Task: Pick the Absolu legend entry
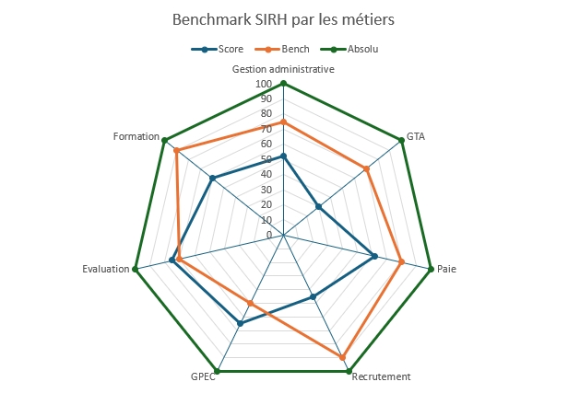pyautogui.click(x=359, y=49)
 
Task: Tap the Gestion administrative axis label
pyautogui.click(x=283, y=69)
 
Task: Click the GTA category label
pyautogui.click(x=416, y=136)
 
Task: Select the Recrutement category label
pyautogui.click(x=382, y=376)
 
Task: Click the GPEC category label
pyautogui.click(x=203, y=376)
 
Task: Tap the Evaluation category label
pyautogui.click(x=106, y=269)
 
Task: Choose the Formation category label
pyautogui.click(x=136, y=136)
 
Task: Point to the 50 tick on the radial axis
pyautogui.click(x=267, y=159)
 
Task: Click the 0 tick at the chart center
pyautogui.click(x=270, y=236)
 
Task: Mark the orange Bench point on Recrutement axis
pyautogui.click(x=342, y=357)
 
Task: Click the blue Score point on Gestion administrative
pyautogui.click(x=284, y=156)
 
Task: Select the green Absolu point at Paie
pyautogui.click(x=432, y=269)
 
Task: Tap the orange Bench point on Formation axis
pyautogui.click(x=176, y=150)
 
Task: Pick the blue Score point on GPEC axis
pyautogui.click(x=240, y=324)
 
